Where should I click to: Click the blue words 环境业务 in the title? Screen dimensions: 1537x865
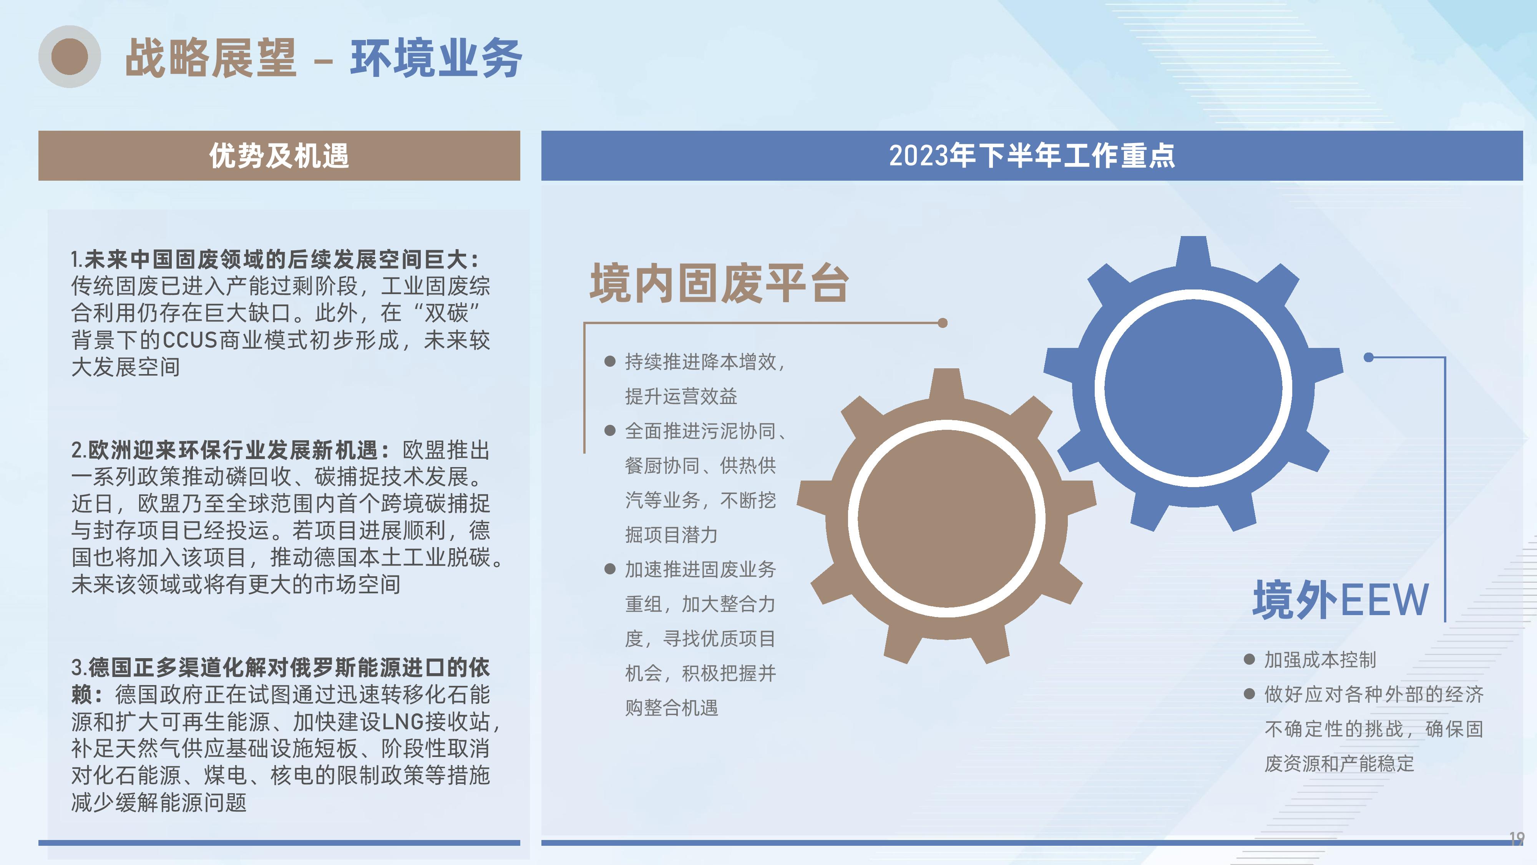click(x=436, y=58)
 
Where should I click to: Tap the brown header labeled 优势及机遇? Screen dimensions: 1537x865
click(x=279, y=155)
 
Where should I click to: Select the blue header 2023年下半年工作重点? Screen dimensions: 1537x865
click(x=1032, y=155)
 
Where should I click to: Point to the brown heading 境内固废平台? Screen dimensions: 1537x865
click(x=719, y=283)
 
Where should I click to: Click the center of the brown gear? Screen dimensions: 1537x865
click(x=947, y=517)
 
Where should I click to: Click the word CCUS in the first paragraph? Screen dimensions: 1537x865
click(x=190, y=340)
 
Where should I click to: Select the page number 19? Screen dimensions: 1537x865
click(x=1516, y=838)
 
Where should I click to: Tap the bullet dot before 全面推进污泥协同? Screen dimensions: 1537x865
click(x=610, y=431)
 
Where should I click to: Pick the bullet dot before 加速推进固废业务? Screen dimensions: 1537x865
click(x=610, y=569)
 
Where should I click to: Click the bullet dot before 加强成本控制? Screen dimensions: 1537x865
click(x=1250, y=659)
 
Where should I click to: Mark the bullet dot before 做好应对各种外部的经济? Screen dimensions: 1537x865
click(x=1250, y=694)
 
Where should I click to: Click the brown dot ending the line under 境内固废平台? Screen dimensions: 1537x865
click(x=943, y=323)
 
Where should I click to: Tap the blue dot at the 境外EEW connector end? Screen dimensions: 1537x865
click(x=1369, y=357)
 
